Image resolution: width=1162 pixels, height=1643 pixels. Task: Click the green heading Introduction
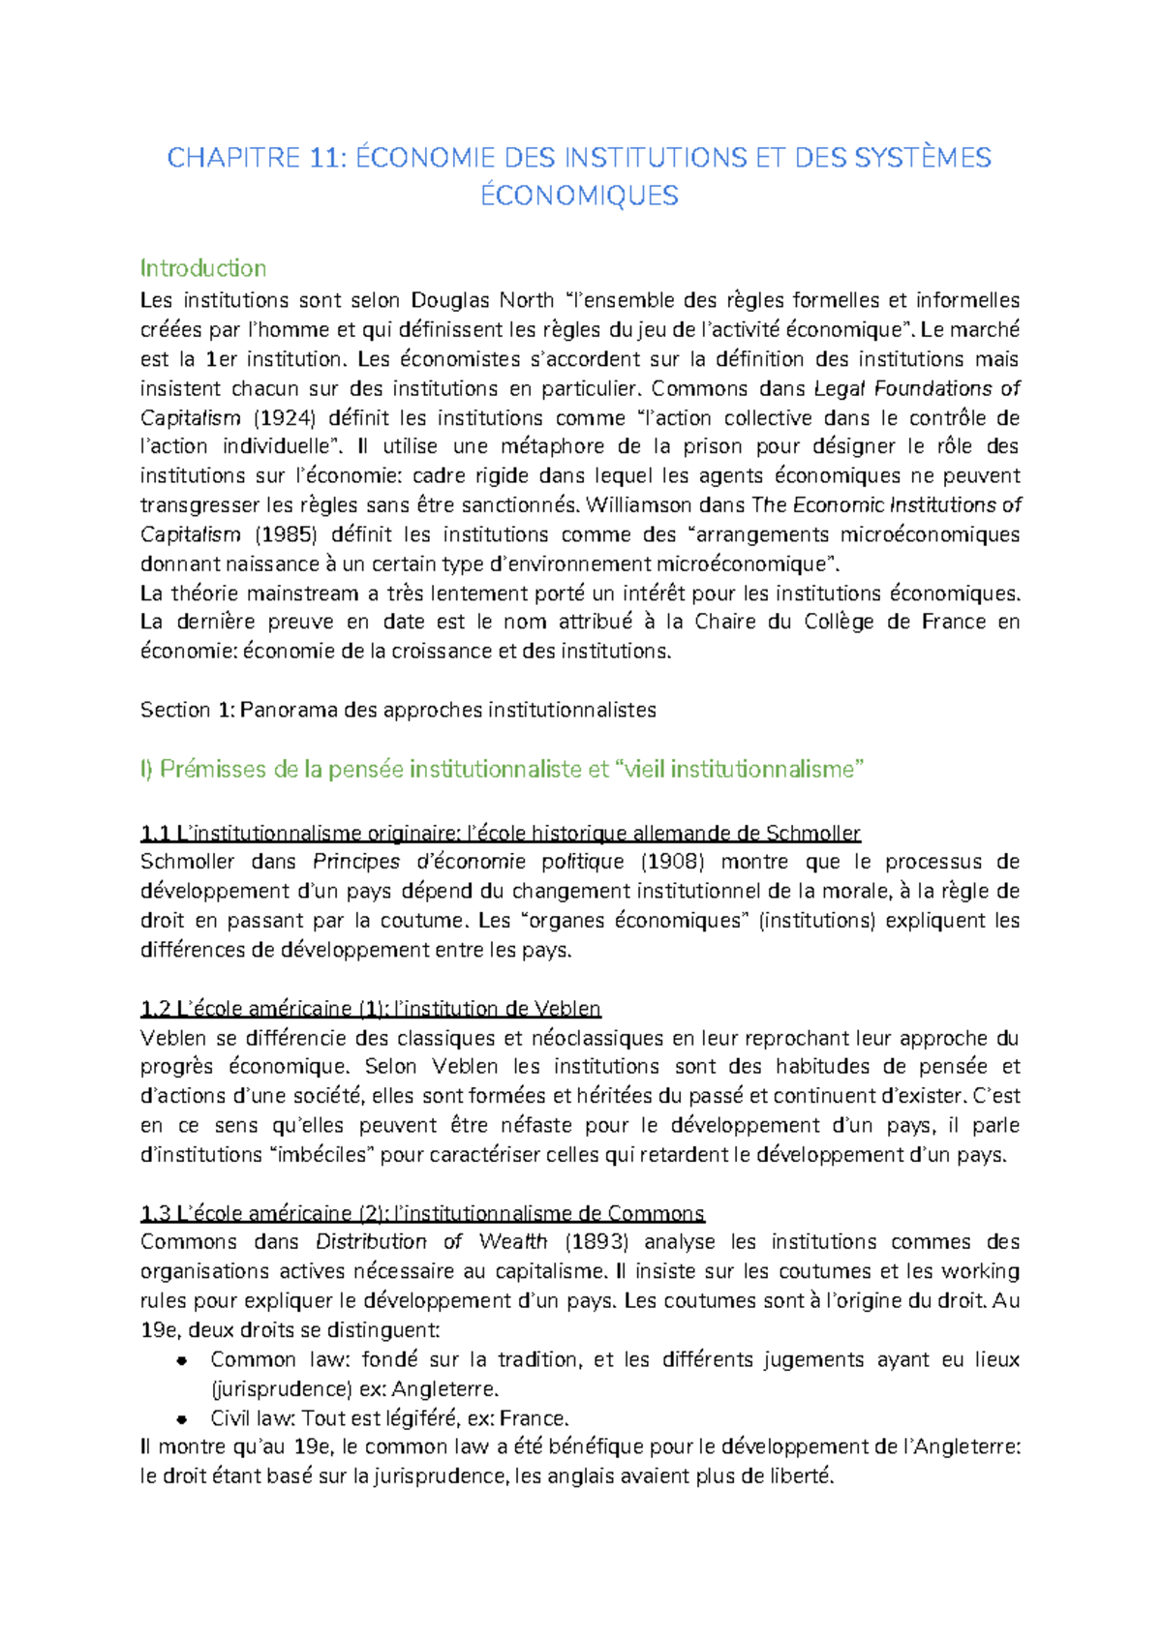[202, 268]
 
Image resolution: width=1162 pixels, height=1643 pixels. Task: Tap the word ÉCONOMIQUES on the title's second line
[579, 196]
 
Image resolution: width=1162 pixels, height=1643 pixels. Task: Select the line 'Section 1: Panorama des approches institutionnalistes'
[398, 710]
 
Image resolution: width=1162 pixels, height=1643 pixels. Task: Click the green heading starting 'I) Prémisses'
[502, 770]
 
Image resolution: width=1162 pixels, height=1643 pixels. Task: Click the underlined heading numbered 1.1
[500, 833]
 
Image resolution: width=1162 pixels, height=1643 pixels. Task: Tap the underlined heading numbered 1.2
[370, 1009]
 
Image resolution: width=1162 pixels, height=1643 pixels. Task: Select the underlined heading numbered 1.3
[422, 1213]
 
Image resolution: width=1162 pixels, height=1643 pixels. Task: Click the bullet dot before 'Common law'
[181, 1360]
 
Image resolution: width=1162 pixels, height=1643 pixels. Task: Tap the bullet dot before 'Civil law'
[181, 1419]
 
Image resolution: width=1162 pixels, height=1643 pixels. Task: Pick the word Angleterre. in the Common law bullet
[445, 1389]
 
